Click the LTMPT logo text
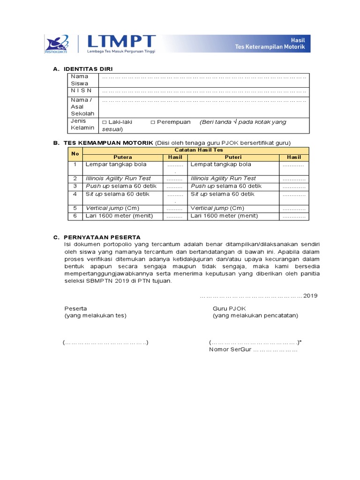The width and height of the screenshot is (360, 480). click(127, 41)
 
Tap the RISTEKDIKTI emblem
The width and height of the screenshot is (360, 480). click(57, 43)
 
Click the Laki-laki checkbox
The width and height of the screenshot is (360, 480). click(105, 122)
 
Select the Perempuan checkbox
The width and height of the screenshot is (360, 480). click(153, 122)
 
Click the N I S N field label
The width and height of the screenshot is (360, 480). click(82, 90)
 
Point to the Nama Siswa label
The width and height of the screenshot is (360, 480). click(79, 80)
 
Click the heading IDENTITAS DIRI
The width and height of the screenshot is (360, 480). click(88, 69)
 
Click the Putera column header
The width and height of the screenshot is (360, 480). click(123, 157)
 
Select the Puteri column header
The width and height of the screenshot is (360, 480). click(233, 157)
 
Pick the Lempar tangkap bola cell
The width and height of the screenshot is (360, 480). click(116, 165)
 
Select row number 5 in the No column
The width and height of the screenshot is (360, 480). click(75, 208)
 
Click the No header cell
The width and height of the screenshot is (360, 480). click(75, 153)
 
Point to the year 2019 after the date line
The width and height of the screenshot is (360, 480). click(310, 296)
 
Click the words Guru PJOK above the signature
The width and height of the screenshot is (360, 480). click(229, 308)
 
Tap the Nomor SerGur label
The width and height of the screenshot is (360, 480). click(230, 350)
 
